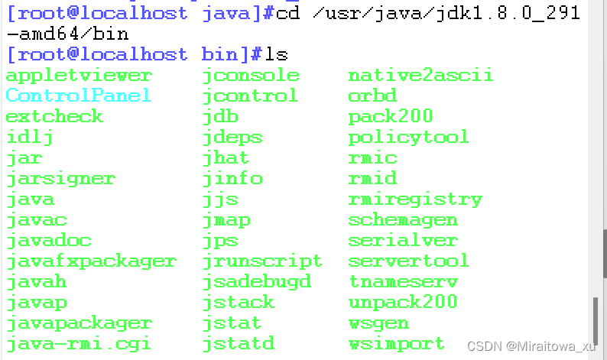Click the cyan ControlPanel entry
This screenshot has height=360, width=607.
(78, 96)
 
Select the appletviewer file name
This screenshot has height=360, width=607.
(79, 75)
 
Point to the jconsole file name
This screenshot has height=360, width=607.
(251, 75)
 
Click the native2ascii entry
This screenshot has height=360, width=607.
(420, 75)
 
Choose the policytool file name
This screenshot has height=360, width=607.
(408, 138)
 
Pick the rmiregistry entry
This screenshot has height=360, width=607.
(415, 199)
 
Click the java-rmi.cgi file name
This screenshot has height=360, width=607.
(79, 343)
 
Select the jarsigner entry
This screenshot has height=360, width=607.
(60, 179)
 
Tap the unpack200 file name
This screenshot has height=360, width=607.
(403, 302)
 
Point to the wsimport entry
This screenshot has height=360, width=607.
(396, 343)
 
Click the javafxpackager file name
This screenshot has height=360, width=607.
(91, 261)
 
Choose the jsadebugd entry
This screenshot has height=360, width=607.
(257, 281)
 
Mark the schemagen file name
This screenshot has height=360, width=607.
(403, 220)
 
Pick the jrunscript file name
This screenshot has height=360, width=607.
(262, 261)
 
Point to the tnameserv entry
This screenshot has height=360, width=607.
(403, 281)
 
